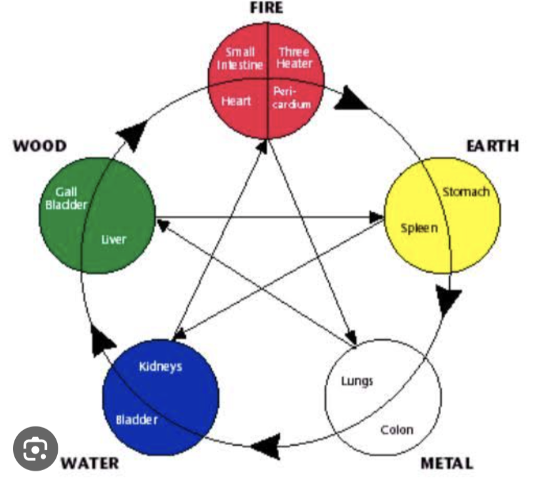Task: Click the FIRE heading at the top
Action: tap(266, 8)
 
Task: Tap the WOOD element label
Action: tap(40, 146)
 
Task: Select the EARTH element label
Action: tap(492, 145)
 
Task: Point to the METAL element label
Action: tap(447, 464)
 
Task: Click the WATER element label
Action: tap(90, 464)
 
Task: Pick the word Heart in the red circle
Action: tap(236, 101)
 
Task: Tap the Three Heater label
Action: tap(294, 58)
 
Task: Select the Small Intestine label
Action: tap(240, 58)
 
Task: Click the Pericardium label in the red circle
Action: tap(292, 98)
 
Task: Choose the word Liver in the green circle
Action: tap(114, 239)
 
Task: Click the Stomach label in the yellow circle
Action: tap(465, 191)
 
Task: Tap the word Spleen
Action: tap(420, 227)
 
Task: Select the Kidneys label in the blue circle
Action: tap(161, 366)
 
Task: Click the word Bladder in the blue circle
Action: tap(137, 419)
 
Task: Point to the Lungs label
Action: tap(358, 381)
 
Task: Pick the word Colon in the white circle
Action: tap(397, 429)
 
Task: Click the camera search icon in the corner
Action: tap(36, 449)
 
